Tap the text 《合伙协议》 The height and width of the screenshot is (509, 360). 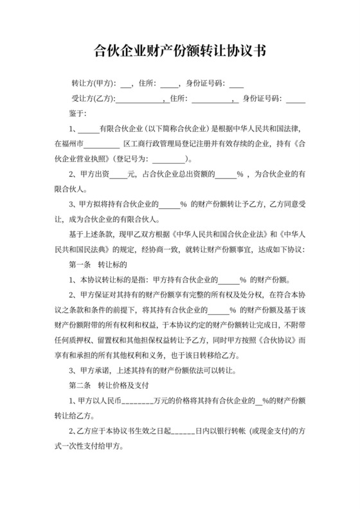[268, 341]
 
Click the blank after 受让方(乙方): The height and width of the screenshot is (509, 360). [139, 98]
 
